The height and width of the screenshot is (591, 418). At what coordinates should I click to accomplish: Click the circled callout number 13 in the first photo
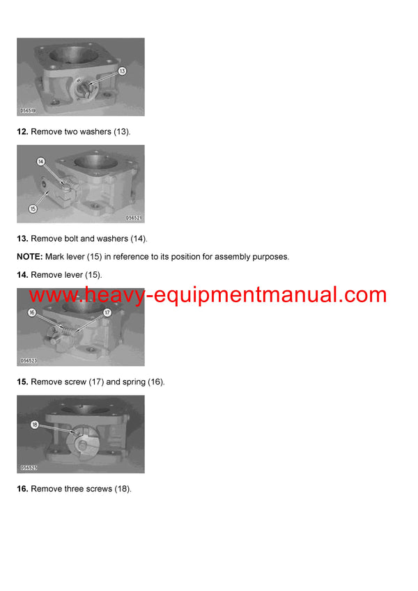click(x=122, y=71)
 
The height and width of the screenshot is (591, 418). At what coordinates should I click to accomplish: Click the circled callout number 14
click(x=41, y=161)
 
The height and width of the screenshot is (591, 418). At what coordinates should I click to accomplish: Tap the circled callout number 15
click(x=32, y=208)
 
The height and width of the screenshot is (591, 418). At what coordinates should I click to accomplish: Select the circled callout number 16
click(x=31, y=313)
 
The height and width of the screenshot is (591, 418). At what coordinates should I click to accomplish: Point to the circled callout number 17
click(x=107, y=313)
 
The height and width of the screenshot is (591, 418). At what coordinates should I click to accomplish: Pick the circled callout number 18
click(x=34, y=424)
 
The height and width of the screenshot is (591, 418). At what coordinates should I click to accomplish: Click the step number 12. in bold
click(x=22, y=132)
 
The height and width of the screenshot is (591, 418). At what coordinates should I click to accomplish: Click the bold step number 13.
click(x=22, y=239)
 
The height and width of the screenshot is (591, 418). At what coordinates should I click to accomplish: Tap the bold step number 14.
click(x=22, y=275)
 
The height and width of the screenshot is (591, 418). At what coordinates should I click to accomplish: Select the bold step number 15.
click(x=22, y=382)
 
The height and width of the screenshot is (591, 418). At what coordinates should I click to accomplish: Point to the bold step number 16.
click(x=22, y=489)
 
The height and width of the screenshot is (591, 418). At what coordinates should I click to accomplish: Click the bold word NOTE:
click(x=30, y=257)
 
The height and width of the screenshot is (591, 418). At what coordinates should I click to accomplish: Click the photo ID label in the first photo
click(x=29, y=110)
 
